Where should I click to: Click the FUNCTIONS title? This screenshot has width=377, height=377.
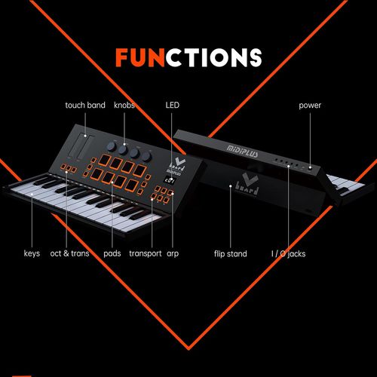pyautogui.click(x=188, y=57)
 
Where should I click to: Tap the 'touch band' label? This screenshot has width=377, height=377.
pyautogui.click(x=85, y=105)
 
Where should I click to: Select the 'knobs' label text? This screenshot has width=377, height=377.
pyautogui.click(x=124, y=105)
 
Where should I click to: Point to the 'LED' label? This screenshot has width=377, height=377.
pyautogui.click(x=173, y=105)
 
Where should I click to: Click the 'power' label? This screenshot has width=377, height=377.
pyautogui.click(x=310, y=106)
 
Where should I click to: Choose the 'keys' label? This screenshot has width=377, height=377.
pyautogui.click(x=32, y=253)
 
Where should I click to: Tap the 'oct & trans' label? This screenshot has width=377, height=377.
pyautogui.click(x=69, y=253)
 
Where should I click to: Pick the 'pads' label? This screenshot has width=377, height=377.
pyautogui.click(x=112, y=253)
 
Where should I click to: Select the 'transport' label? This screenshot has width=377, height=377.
pyautogui.click(x=146, y=253)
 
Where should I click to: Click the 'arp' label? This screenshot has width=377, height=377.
pyautogui.click(x=173, y=254)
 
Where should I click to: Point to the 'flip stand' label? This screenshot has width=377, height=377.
pyautogui.click(x=231, y=253)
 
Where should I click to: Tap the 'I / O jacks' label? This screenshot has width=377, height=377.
pyautogui.click(x=289, y=254)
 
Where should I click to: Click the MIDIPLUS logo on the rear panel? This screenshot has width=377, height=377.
pyautogui.click(x=242, y=152)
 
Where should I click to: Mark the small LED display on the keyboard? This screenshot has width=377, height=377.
pyautogui.click(x=170, y=180)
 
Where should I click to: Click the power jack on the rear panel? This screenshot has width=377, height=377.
pyautogui.click(x=311, y=167)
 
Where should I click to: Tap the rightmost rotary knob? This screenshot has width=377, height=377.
pyautogui.click(x=146, y=157)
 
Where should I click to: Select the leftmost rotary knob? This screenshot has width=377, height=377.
pyautogui.click(x=111, y=146)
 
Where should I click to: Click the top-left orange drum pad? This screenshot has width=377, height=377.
pyautogui.click(x=104, y=160)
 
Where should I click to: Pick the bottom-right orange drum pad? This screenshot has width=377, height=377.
pyautogui.click(x=131, y=185)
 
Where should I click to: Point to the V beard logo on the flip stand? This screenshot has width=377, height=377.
pyautogui.click(x=248, y=184)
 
